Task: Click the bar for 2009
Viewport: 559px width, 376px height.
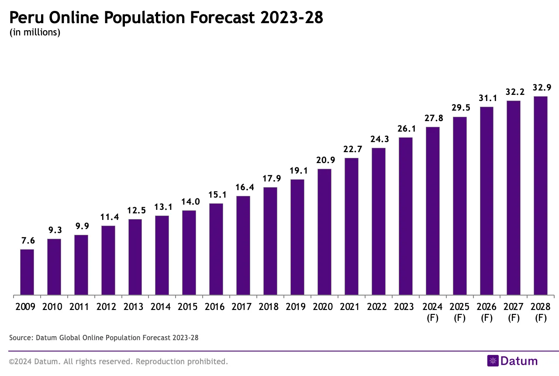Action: click(27, 272)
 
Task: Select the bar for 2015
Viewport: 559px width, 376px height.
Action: click(189, 253)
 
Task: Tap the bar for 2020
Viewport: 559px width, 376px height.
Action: click(324, 232)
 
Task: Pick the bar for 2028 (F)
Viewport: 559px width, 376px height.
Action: click(540, 195)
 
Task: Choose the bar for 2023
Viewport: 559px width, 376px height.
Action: click(405, 216)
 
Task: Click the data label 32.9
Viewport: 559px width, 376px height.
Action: click(540, 87)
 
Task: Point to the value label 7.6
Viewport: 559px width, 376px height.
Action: click(27, 240)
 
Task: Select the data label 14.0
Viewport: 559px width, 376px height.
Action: click(189, 202)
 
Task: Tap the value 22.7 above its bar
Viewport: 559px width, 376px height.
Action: click(351, 149)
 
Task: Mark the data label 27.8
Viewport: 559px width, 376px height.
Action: click(432, 118)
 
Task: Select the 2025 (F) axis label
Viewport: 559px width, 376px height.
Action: click(459, 312)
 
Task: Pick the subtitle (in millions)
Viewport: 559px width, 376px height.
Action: click(35, 32)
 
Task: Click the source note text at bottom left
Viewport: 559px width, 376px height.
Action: click(104, 338)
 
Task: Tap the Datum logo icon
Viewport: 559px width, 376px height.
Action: click(493, 361)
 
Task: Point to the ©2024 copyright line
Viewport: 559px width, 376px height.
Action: click(118, 362)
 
